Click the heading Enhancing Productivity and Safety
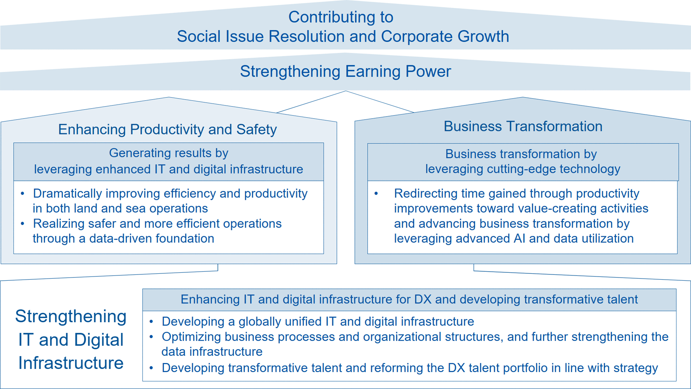click(168, 130)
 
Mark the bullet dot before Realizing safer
click(22, 224)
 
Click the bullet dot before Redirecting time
click(376, 194)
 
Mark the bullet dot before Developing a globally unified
click(151, 322)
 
